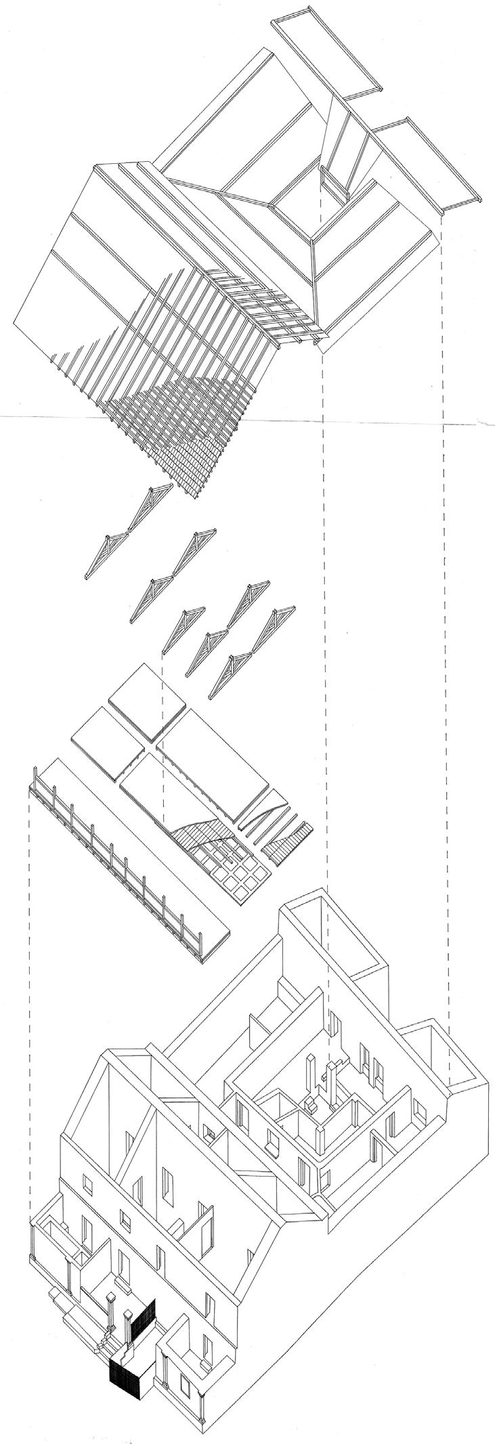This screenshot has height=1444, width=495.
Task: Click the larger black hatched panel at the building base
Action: [x=123, y=1337]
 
